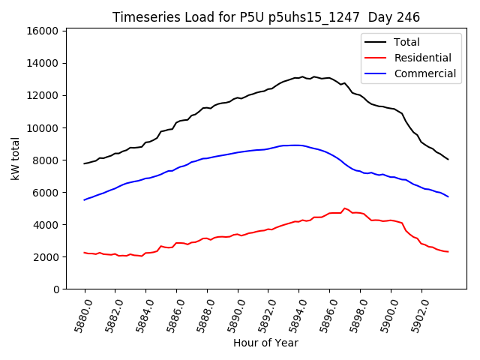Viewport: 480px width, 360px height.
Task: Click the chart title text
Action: coord(266,17)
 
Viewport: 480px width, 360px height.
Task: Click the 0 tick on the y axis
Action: coord(56,289)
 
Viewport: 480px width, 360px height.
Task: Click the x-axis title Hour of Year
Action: coord(265,343)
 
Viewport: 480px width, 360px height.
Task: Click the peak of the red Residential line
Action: coord(344,208)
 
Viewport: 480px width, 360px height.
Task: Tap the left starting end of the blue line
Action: coord(85,199)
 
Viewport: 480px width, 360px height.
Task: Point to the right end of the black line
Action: coord(448,159)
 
